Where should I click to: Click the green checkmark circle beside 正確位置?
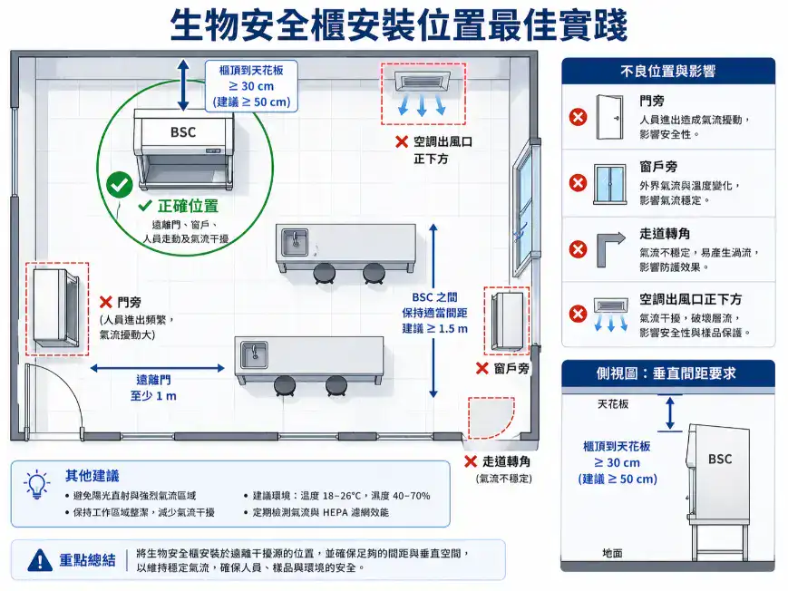click(x=119, y=184)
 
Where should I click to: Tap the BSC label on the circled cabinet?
click(x=183, y=132)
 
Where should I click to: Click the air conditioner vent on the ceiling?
click(x=423, y=84)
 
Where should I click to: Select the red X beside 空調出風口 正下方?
click(x=401, y=142)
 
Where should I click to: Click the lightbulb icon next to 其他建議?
click(x=36, y=483)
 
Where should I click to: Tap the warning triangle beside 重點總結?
click(x=40, y=560)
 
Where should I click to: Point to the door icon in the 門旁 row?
click(x=610, y=117)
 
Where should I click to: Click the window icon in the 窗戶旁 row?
click(x=610, y=183)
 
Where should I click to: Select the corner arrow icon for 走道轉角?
click(x=610, y=248)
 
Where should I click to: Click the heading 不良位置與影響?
click(x=668, y=71)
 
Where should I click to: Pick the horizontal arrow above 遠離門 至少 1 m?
click(x=157, y=368)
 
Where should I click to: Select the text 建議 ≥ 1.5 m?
click(x=435, y=328)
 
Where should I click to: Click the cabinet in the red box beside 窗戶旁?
click(x=508, y=320)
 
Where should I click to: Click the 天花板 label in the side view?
click(x=613, y=403)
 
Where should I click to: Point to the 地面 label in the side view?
click(x=613, y=552)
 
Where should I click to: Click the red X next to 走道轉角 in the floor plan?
click(x=470, y=460)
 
